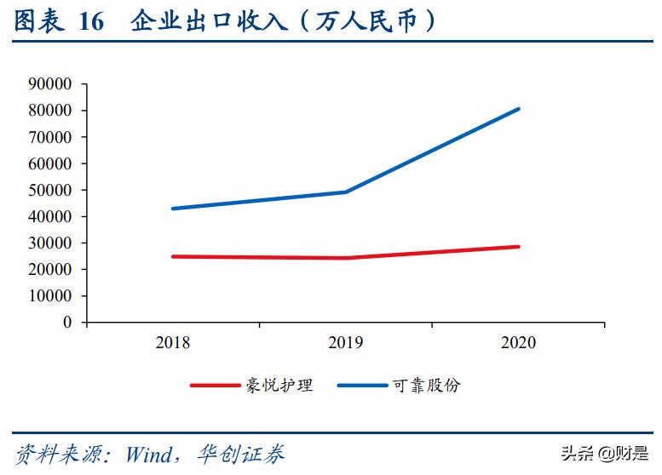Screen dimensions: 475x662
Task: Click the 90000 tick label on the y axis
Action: tap(51, 84)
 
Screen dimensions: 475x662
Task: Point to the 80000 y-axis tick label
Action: tap(51, 111)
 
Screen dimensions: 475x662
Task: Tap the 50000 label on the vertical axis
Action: tap(51, 190)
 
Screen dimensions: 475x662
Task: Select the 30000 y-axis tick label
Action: tap(51, 243)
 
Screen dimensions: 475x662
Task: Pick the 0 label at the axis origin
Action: tap(67, 323)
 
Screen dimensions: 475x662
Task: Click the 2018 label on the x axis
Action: tap(173, 343)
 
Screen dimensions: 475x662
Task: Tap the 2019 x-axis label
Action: tap(346, 343)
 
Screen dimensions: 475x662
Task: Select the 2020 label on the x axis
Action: tap(518, 343)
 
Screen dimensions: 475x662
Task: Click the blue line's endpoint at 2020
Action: tap(518, 109)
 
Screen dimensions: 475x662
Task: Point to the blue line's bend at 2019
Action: tap(346, 192)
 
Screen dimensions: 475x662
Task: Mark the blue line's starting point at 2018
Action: tap(173, 209)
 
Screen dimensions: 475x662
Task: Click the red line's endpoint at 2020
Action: tap(518, 247)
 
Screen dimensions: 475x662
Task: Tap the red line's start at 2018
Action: tap(173, 256)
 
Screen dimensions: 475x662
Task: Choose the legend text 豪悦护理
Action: tap(279, 386)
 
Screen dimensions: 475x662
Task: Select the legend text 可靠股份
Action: tap(427, 386)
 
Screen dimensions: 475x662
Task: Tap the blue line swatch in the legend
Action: tap(362, 386)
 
